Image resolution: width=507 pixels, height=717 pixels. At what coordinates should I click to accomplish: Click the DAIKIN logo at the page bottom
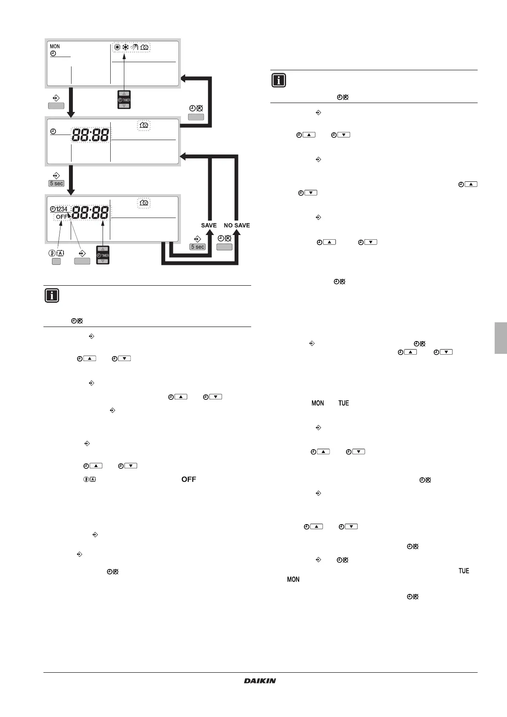[x=260, y=681]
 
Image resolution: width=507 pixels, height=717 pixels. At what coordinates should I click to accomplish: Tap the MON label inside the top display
[x=55, y=46]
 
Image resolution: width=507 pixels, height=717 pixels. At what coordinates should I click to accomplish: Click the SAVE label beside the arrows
[x=209, y=225]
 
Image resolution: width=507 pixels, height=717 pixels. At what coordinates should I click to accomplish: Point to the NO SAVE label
[x=237, y=225]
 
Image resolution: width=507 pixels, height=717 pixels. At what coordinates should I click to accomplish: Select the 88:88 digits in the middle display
[x=90, y=135]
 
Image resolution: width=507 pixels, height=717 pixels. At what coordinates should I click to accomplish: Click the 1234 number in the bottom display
[x=62, y=209]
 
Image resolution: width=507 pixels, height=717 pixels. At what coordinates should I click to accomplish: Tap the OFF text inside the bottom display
[x=62, y=217]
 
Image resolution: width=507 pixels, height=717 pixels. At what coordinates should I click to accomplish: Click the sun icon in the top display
[x=117, y=47]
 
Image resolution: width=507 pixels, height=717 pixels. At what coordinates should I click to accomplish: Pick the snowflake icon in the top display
[x=126, y=47]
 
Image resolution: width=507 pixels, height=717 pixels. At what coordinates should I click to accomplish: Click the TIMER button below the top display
[x=124, y=100]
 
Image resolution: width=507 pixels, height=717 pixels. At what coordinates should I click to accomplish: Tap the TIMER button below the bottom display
[x=103, y=255]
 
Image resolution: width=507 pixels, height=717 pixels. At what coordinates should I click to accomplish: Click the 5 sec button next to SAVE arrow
[x=198, y=247]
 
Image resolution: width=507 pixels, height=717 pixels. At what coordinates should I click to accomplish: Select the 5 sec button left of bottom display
[x=57, y=184]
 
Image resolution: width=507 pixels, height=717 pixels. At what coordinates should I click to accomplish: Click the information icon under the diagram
[x=52, y=295]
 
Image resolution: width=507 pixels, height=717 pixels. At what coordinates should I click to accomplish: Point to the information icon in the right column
[x=278, y=80]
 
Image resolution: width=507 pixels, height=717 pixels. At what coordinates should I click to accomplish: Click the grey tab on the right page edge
[x=501, y=338]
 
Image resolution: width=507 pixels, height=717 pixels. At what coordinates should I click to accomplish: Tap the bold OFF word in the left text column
[x=189, y=479]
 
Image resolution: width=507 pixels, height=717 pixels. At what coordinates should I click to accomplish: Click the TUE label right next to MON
[x=344, y=403]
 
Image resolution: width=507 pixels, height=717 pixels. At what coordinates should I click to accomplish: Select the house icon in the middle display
[x=144, y=125]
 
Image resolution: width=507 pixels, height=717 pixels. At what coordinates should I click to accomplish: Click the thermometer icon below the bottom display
[x=52, y=253]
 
